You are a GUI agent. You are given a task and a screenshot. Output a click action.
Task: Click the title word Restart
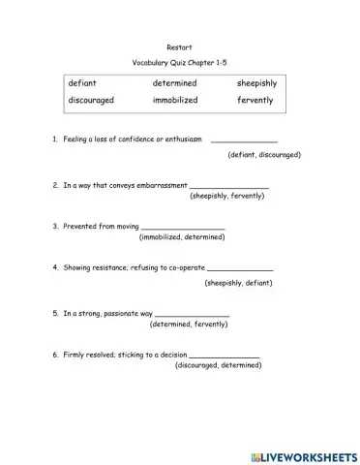click(181, 46)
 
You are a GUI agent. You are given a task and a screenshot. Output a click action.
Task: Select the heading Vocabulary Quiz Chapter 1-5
click(181, 63)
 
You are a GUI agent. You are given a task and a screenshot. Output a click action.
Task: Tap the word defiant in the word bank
click(82, 83)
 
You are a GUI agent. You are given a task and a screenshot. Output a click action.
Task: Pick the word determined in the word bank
click(174, 83)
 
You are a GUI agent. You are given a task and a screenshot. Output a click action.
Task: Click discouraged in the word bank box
click(92, 100)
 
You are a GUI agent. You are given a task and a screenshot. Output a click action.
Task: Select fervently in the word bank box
click(255, 100)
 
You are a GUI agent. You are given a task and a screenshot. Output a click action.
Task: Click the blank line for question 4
click(240, 270)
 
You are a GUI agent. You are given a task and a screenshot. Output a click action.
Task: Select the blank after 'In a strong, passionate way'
click(192, 314)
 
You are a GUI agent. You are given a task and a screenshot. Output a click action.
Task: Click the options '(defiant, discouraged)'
click(264, 155)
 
